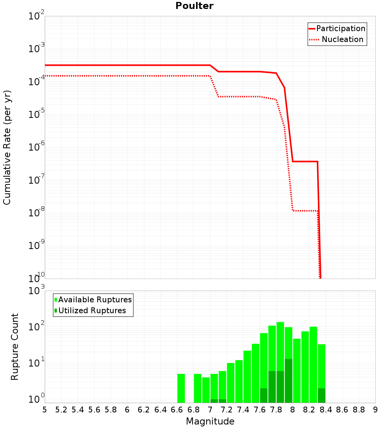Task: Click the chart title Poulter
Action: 194,6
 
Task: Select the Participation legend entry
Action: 340,28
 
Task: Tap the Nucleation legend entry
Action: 342,39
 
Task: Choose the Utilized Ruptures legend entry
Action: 92,310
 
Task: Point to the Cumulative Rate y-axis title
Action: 7,147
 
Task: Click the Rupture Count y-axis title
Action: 15,346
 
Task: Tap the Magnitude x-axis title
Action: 210,421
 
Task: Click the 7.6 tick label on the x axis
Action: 259,410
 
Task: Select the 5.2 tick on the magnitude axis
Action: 61,410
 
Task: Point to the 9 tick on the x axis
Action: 375,410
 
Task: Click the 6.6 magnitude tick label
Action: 177,410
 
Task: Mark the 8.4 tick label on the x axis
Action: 326,410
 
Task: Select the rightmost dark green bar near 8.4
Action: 321,395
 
